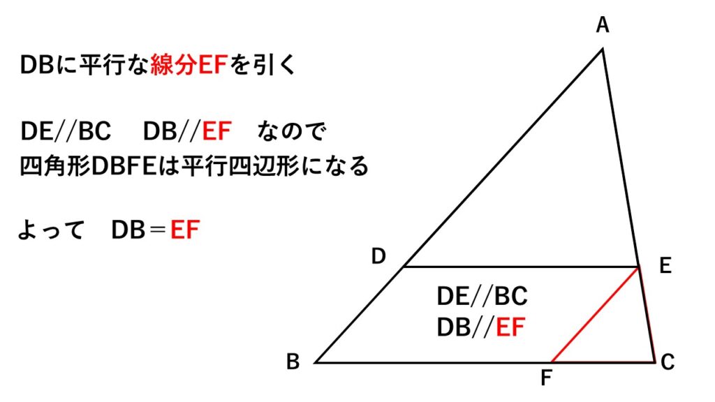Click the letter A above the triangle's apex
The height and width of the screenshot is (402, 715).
pyautogui.click(x=603, y=27)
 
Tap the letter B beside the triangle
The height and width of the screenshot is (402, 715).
pyautogui.click(x=293, y=362)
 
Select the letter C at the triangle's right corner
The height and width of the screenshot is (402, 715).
pyautogui.click(x=668, y=362)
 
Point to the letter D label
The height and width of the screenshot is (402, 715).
pyautogui.click(x=378, y=257)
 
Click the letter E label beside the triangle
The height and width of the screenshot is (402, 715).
pyautogui.click(x=664, y=267)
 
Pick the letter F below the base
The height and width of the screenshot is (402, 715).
pyautogui.click(x=547, y=380)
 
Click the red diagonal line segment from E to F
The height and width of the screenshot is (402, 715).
pyautogui.click(x=596, y=315)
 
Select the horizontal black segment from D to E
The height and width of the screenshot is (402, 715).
pyautogui.click(x=521, y=267)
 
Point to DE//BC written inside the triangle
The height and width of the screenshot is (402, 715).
pyautogui.click(x=482, y=297)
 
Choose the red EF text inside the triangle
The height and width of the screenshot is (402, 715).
pyautogui.click(x=510, y=327)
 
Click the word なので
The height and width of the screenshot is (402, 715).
pyautogui.click(x=291, y=131)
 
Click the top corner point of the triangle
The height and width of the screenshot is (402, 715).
pyautogui.click(x=603, y=49)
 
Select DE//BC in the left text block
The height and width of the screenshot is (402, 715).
pyautogui.click(x=66, y=131)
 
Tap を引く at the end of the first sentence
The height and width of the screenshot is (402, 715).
pyautogui.click(x=264, y=66)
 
